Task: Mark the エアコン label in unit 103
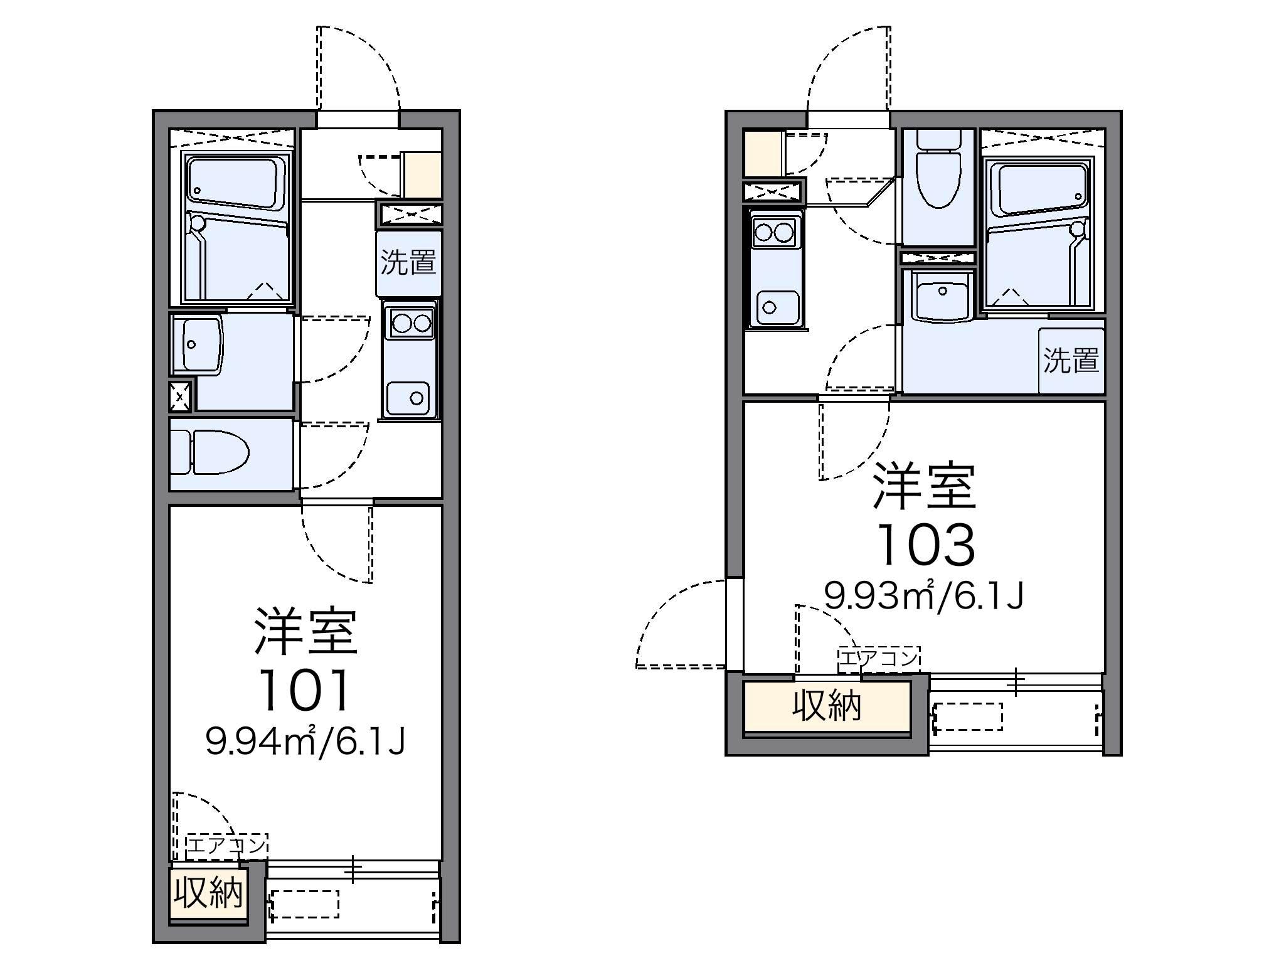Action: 879,657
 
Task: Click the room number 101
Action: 305,689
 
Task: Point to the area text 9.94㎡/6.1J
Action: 305,741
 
